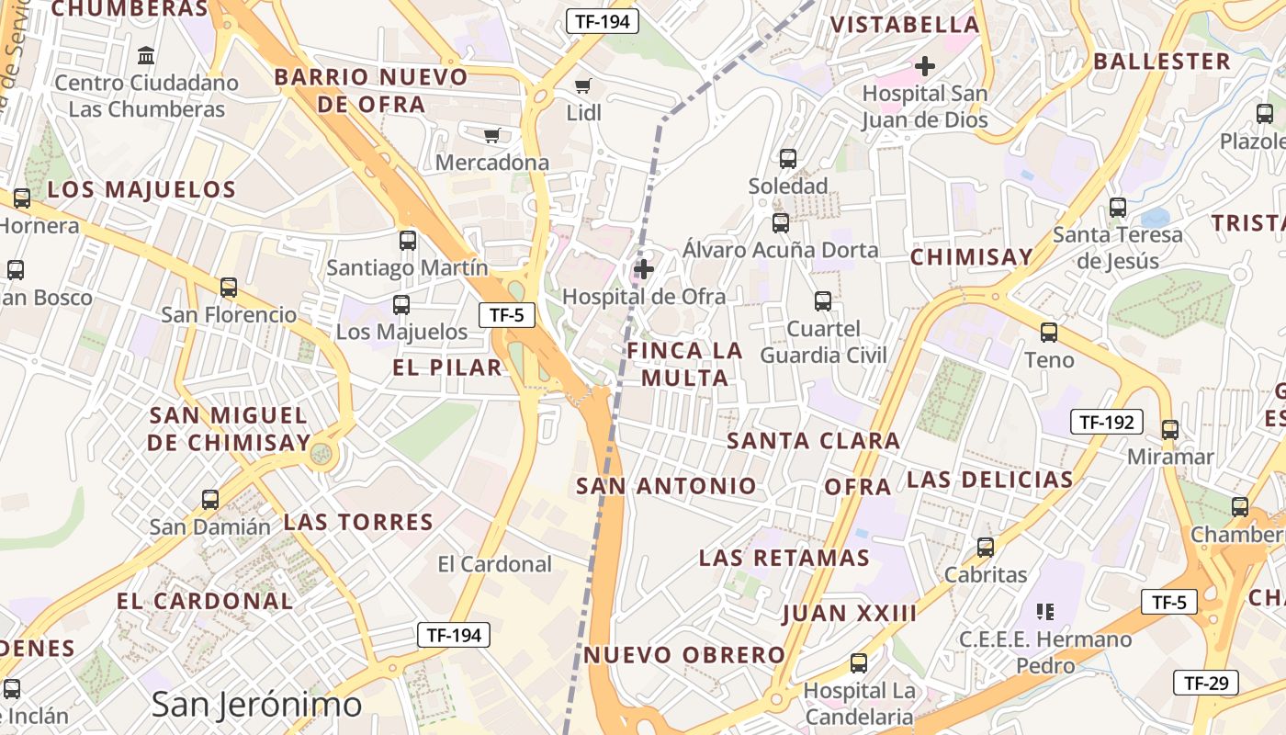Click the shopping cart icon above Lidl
tap(582, 86)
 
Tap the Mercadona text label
tap(492, 163)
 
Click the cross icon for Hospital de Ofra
tap(645, 269)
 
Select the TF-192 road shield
tap(1106, 423)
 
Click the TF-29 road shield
tap(1206, 683)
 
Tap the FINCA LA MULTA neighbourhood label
tap(685, 364)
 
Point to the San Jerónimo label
tap(256, 705)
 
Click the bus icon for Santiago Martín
tap(408, 241)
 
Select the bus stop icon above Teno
tap(1049, 333)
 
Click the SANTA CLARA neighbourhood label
tap(814, 441)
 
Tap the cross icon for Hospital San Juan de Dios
tap(925, 66)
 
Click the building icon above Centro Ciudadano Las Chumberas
tap(146, 56)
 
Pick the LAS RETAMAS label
tap(784, 558)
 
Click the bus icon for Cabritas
tap(986, 548)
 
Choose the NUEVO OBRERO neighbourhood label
tap(685, 655)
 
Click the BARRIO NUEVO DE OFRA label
tap(371, 90)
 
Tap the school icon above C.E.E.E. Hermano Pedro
tap(1044, 611)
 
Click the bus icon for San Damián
tap(210, 500)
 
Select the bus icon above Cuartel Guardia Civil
tap(823, 301)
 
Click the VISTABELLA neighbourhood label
tap(906, 25)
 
